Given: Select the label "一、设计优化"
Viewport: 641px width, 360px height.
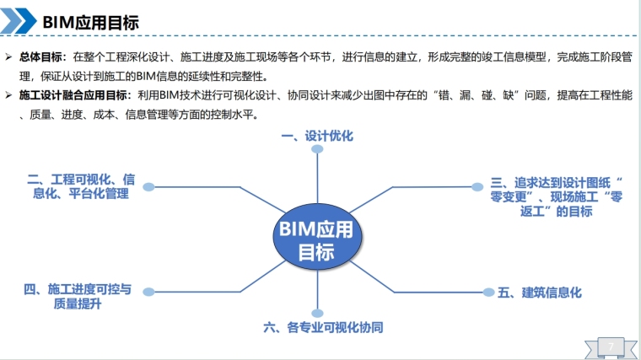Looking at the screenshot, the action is pyautogui.click(x=317, y=136).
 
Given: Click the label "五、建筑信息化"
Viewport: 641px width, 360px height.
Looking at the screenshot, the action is pyautogui.click(x=539, y=293).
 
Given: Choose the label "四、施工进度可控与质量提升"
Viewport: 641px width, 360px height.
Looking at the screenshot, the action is pyautogui.click(x=78, y=297).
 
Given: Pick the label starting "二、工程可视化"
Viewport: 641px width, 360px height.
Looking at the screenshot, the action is pyautogui.click(x=81, y=186).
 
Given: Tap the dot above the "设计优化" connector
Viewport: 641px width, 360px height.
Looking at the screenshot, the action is pyautogui.click(x=317, y=149).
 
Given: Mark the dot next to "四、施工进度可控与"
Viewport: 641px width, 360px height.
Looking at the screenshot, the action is pyautogui.click(x=148, y=292).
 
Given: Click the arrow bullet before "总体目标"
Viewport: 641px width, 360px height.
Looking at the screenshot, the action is pyautogui.click(x=8, y=57).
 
